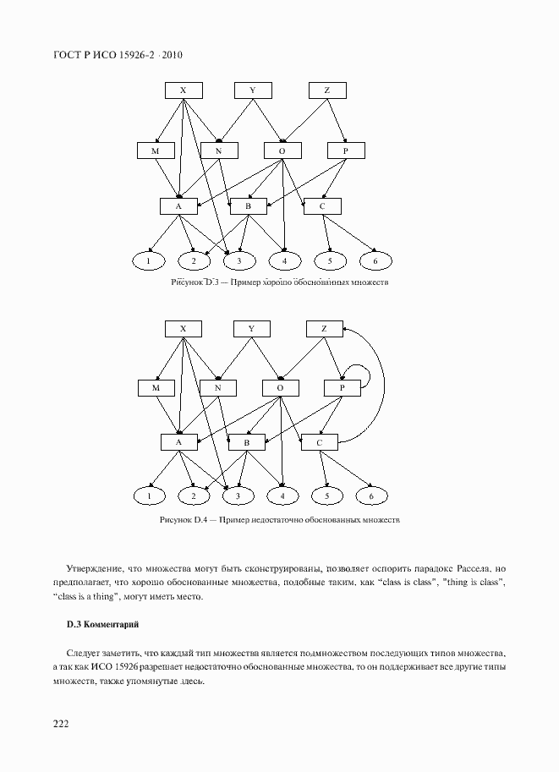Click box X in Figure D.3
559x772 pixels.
click(x=184, y=90)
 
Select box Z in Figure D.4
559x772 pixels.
click(x=323, y=328)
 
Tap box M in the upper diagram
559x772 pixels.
click(x=155, y=151)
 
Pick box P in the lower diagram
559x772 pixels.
click(x=342, y=388)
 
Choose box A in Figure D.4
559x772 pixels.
click(x=178, y=442)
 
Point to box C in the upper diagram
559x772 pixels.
click(x=321, y=205)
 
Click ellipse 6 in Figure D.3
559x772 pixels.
click(x=375, y=260)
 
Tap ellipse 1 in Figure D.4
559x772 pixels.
click(x=150, y=496)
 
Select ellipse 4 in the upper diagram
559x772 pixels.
click(x=285, y=260)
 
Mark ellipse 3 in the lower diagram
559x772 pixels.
click(x=238, y=496)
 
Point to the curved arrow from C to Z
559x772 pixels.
click(x=380, y=381)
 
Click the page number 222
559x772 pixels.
click(x=60, y=724)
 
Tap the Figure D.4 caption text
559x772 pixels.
click(x=279, y=520)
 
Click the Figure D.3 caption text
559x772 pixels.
click(x=279, y=283)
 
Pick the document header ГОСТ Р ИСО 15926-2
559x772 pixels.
click(x=118, y=55)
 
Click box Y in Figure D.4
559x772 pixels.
click(x=251, y=328)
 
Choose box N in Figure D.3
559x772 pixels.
click(x=218, y=151)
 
